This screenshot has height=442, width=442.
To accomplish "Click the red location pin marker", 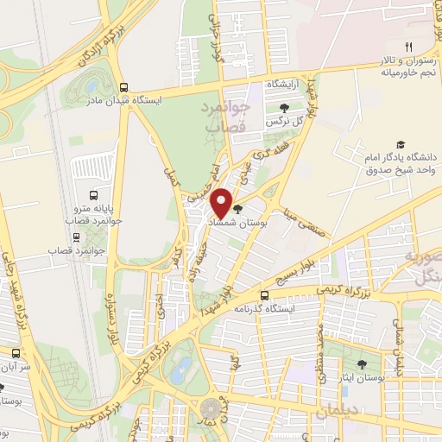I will click(222, 202).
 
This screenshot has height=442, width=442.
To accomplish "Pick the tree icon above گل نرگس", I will click(284, 107).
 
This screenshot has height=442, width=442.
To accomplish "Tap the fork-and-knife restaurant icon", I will click(408, 47).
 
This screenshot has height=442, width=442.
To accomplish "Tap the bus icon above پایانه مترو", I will click(94, 195).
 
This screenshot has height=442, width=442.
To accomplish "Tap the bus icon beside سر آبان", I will click(14, 353).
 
